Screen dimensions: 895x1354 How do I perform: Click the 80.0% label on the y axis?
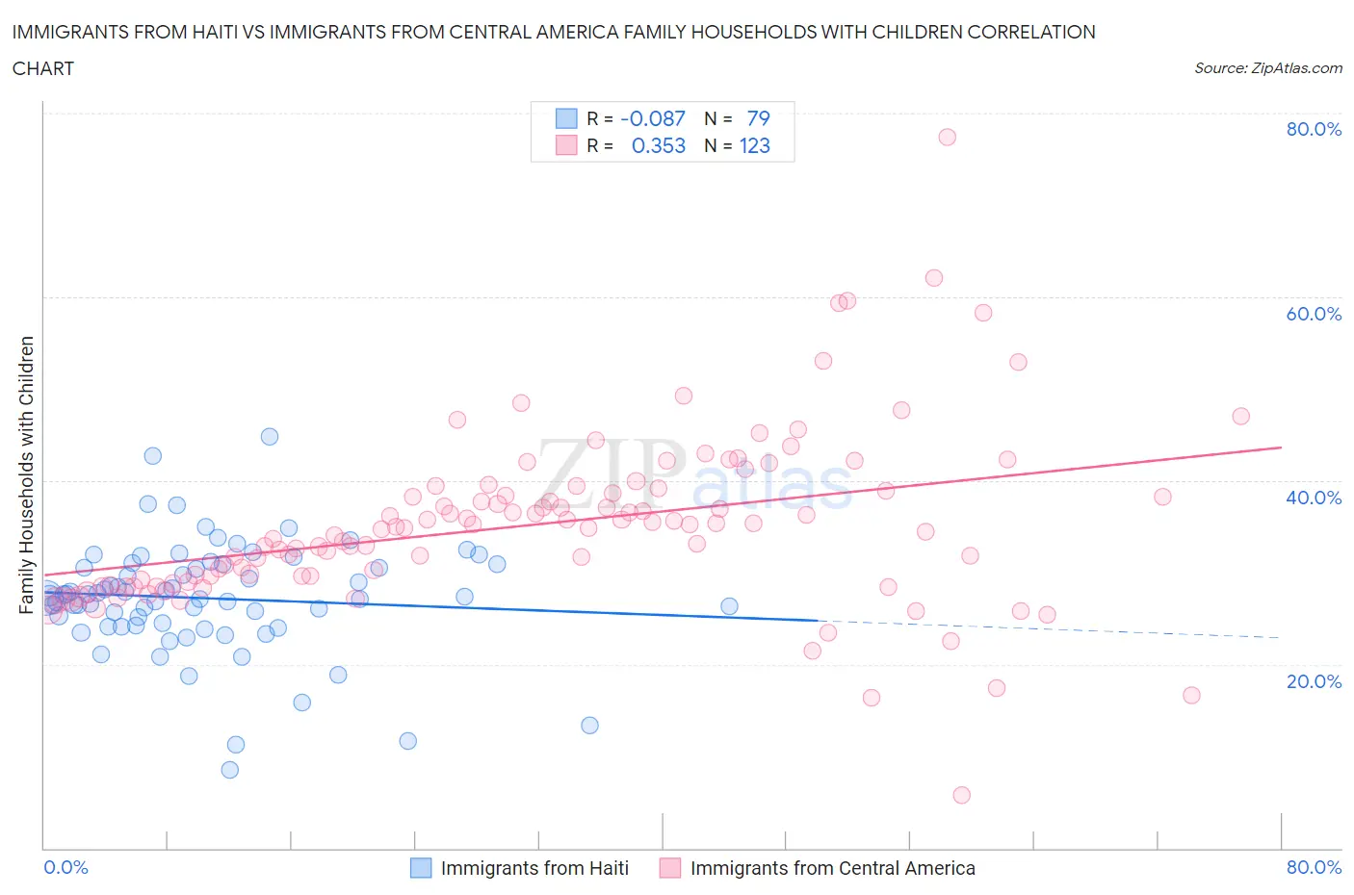pyautogui.click(x=1314, y=129)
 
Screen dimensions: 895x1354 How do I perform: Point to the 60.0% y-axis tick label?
pyautogui.click(x=1314, y=314)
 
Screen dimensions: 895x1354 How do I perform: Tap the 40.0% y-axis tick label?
pyautogui.click(x=1314, y=498)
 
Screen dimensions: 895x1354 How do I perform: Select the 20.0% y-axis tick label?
pyautogui.click(x=1314, y=681)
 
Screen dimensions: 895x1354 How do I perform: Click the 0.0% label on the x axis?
pyautogui.click(x=65, y=867)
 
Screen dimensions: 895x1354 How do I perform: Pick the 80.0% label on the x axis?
pyautogui.click(x=1314, y=867)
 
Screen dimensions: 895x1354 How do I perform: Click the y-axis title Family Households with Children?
pyautogui.click(x=27, y=474)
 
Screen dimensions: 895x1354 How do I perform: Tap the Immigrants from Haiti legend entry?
pyautogui.click(x=534, y=868)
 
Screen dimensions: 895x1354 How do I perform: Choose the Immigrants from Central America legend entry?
pyautogui.click(x=832, y=868)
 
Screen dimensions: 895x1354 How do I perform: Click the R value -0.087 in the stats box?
pyautogui.click(x=653, y=118)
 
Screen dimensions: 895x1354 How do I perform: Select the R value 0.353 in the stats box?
pyautogui.click(x=659, y=145)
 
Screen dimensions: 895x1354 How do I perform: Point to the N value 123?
pyautogui.click(x=754, y=145)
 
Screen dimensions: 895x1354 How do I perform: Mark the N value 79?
pyautogui.click(x=758, y=118)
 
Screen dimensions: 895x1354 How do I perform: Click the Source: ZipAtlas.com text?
pyautogui.click(x=1267, y=67)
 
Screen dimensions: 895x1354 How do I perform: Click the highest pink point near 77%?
pyautogui.click(x=947, y=137)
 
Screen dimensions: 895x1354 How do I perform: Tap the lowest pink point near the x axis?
pyautogui.click(x=961, y=795)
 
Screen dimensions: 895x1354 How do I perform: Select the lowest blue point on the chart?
pyautogui.click(x=229, y=770)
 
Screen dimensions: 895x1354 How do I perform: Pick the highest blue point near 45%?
pyautogui.click(x=270, y=437)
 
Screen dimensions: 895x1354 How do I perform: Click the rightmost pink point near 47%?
pyautogui.click(x=1240, y=417)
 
